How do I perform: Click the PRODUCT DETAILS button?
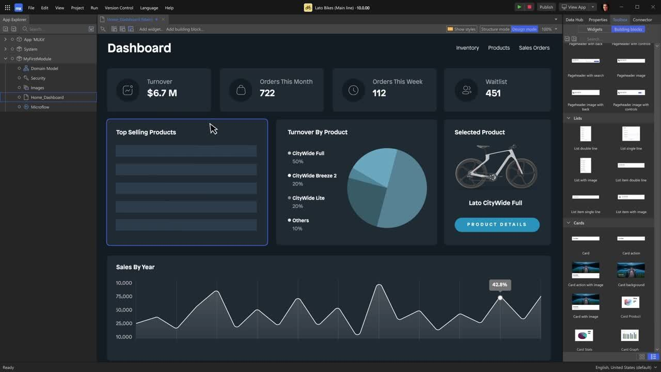(x=497, y=225)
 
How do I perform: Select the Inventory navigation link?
(x=467, y=48)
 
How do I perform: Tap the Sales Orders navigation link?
(x=534, y=48)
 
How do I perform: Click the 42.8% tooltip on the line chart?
(x=499, y=285)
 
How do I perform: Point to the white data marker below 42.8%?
(x=500, y=298)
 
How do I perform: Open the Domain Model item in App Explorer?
(x=44, y=68)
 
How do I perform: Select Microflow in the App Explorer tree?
(x=40, y=107)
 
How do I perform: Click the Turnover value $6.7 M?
(x=162, y=93)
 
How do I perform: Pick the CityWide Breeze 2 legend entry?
(x=314, y=176)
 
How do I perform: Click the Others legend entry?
(x=300, y=221)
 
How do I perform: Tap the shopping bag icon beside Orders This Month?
(x=241, y=90)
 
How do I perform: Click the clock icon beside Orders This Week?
(x=353, y=90)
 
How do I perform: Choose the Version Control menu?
(x=119, y=8)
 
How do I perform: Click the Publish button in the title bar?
(x=546, y=7)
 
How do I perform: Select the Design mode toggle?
(x=524, y=29)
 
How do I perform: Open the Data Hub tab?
(x=574, y=20)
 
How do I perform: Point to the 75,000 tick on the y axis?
(x=124, y=297)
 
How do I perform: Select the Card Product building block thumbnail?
(x=631, y=302)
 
